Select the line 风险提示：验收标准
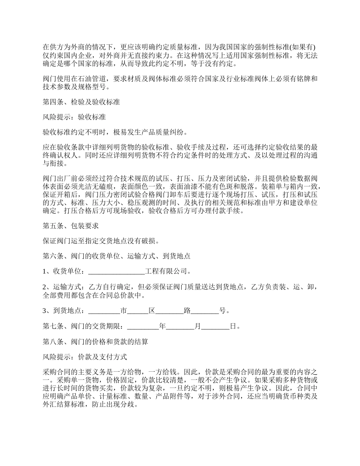pyautogui.click(x=74, y=117)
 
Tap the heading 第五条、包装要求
pyautogui.click(x=70, y=226)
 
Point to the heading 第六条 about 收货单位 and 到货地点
pyautogui.click(x=116, y=256)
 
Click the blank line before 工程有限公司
pyautogui.click(x=116, y=271)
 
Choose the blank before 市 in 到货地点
pyautogui.click(x=104, y=311)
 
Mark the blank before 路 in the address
pyautogui.click(x=169, y=311)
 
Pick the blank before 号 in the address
pyautogui.click(x=205, y=311)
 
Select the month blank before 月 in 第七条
pyautogui.click(x=180, y=326)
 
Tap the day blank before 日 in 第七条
pyautogui.click(x=215, y=326)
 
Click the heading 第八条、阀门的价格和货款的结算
pyautogui.click(x=95, y=341)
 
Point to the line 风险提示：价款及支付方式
pyautogui.click(x=85, y=357)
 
